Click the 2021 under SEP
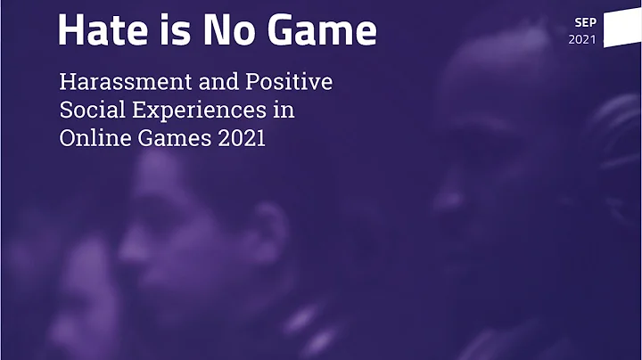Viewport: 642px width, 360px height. coord(583,39)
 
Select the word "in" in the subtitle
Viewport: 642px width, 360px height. coord(285,111)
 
